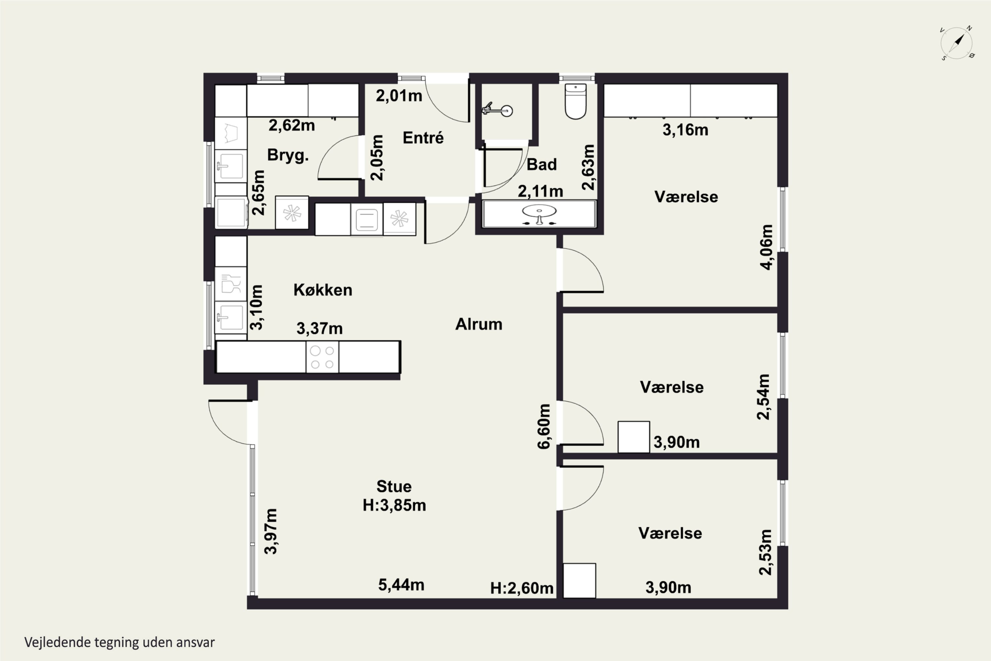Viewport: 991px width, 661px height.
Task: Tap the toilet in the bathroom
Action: click(575, 101)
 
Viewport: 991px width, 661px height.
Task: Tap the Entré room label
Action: click(423, 138)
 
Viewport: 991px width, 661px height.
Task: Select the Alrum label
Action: click(479, 324)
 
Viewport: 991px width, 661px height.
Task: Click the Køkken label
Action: click(323, 290)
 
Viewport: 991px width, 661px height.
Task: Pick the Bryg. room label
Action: click(288, 155)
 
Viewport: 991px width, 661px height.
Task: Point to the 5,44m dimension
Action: click(401, 585)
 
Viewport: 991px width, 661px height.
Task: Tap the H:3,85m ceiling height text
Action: click(394, 505)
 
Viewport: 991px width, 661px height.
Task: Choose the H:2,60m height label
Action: click(522, 588)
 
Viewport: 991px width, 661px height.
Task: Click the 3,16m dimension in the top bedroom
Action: click(685, 130)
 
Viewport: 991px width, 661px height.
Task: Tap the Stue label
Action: click(394, 486)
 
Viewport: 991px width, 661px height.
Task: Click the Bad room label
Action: click(542, 164)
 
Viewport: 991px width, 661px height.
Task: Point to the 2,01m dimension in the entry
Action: click(399, 96)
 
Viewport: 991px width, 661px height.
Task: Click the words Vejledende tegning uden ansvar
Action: click(120, 642)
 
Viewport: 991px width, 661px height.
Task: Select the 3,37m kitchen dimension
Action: click(320, 329)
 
